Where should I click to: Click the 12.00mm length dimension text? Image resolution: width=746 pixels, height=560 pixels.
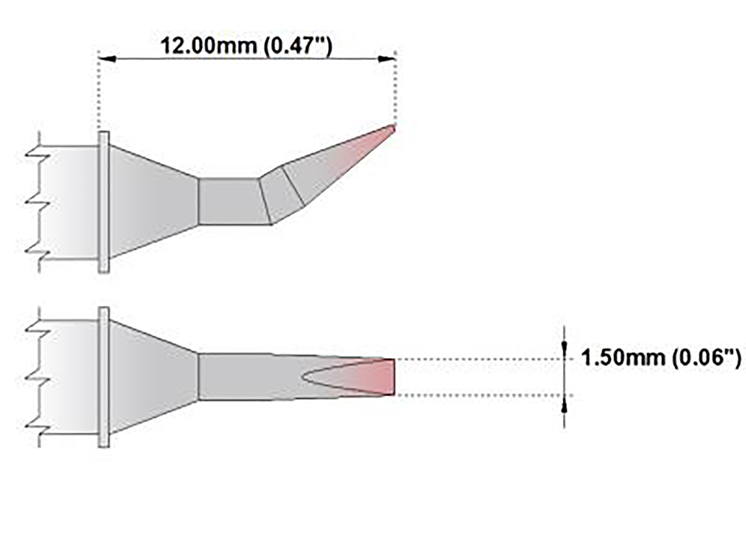pyautogui.click(x=246, y=45)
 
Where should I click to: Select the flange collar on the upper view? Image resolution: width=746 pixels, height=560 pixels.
pyautogui.click(x=104, y=202)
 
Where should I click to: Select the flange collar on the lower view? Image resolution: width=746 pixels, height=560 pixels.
pyautogui.click(x=104, y=377)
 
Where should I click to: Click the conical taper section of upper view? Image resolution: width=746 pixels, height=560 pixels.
pyautogui.click(x=152, y=202)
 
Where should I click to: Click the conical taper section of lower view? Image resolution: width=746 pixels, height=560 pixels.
pyautogui.click(x=152, y=377)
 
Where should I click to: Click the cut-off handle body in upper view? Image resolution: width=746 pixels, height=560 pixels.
pyautogui.click(x=68, y=202)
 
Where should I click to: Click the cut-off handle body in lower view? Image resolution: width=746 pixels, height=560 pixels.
pyautogui.click(x=68, y=377)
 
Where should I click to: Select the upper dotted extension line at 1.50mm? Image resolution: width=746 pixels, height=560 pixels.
pyautogui.click(x=479, y=359)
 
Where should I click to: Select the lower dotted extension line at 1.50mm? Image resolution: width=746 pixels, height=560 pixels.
pyautogui.click(x=479, y=395)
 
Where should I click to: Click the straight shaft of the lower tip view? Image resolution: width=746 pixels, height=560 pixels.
pyautogui.click(x=249, y=377)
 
